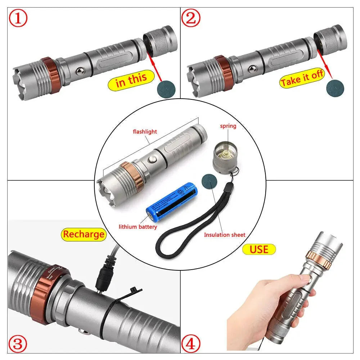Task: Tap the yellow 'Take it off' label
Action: [302, 80]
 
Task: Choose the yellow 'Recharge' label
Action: [84, 234]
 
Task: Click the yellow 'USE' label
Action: [259, 249]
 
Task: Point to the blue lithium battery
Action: [171, 202]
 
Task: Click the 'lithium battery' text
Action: [138, 227]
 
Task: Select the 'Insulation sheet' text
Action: [225, 235]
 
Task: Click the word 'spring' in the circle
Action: [228, 126]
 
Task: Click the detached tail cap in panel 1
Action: [160, 40]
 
